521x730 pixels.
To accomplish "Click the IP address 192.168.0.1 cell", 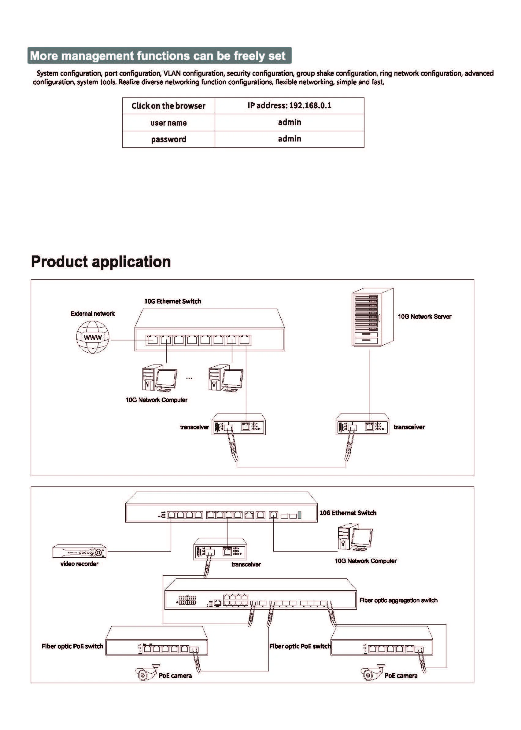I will coord(289,105).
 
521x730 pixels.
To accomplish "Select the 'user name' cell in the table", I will coord(168,123).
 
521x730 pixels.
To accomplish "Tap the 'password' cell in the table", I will coord(168,139).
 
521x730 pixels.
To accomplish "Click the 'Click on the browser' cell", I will coord(168,106).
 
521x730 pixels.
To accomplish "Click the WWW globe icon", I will coord(93,337).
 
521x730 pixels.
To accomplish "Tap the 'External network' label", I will coord(92,314).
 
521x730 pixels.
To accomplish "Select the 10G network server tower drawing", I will coord(372,317).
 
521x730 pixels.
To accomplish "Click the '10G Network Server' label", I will coord(424,317).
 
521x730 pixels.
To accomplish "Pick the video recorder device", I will coord(79,551).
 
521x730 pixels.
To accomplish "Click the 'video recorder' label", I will coord(79,564).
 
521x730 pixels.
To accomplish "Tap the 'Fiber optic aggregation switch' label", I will coord(398,600).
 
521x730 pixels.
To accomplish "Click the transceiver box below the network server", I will coord(362,424).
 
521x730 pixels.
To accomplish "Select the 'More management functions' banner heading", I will coord(159,56).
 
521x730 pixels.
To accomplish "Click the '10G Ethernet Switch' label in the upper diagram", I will coord(173,301).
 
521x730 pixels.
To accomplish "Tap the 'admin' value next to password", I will coord(289,139).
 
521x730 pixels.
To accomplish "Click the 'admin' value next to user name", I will coord(289,122).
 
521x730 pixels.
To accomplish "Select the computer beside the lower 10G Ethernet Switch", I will coord(355,537).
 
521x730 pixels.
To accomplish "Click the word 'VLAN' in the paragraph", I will coord(172,73).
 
